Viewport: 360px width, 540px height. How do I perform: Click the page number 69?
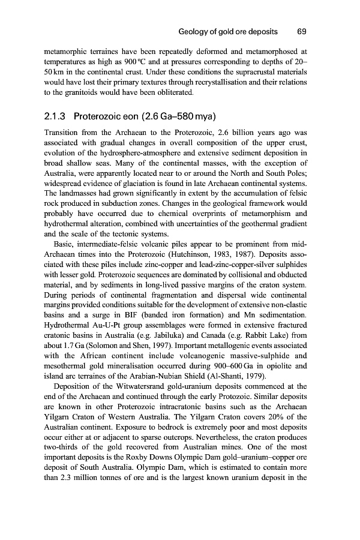click(x=302, y=31)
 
